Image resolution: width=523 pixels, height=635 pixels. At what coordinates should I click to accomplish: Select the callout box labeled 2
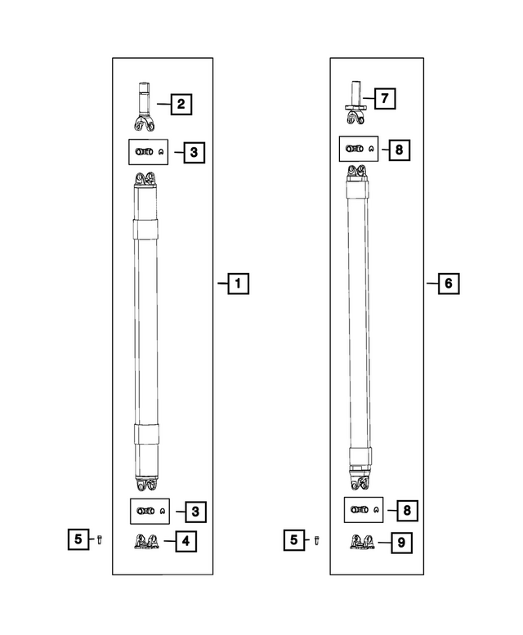point(181,104)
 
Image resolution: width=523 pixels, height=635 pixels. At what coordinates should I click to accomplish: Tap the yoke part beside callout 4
point(147,541)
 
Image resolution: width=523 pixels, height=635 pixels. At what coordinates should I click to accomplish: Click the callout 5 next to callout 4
point(78,539)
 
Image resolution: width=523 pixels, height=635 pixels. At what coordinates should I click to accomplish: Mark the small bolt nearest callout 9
point(316,540)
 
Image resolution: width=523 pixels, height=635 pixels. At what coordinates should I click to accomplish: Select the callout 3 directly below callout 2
point(194,152)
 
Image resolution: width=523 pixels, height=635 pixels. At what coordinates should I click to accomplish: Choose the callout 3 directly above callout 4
point(194,512)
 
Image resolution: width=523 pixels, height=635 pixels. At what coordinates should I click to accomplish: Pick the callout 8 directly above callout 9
point(405,510)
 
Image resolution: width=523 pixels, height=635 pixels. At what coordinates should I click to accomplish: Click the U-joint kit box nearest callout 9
point(360,510)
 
